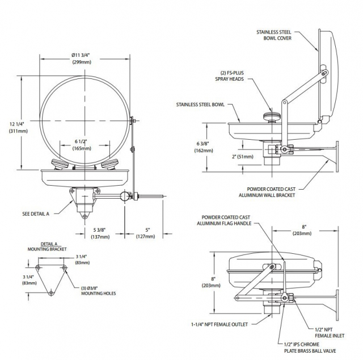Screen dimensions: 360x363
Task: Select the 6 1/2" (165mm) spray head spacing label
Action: tap(83, 145)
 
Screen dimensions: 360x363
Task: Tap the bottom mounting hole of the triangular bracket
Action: tap(51, 292)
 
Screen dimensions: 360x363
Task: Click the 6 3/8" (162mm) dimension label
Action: tap(202, 148)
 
